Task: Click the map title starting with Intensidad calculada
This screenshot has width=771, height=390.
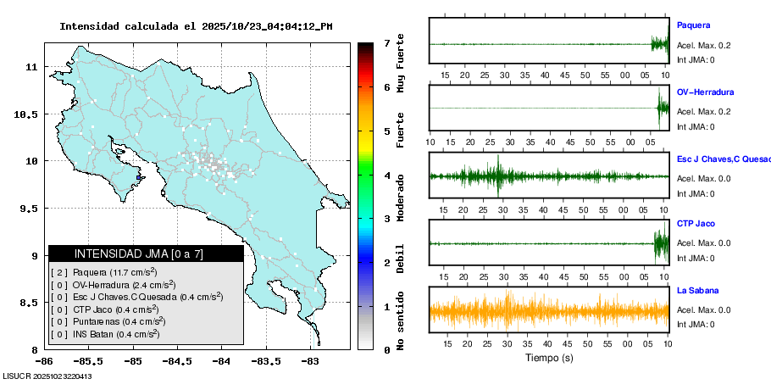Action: pyautogui.click(x=196, y=26)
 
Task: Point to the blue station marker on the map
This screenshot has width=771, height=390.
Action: pyautogui.click(x=140, y=178)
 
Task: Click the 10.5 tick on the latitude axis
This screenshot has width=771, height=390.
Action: pyautogui.click(x=30, y=114)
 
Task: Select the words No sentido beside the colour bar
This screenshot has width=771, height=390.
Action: pyautogui.click(x=400, y=321)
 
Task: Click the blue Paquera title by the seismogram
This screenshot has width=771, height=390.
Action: pyautogui.click(x=693, y=25)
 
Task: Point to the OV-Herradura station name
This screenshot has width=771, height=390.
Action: pyautogui.click(x=705, y=92)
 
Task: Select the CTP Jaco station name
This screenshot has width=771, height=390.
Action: pyautogui.click(x=696, y=224)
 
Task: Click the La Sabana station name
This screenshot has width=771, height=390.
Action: pyautogui.click(x=697, y=290)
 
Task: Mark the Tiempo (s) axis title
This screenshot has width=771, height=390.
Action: pyautogui.click(x=549, y=358)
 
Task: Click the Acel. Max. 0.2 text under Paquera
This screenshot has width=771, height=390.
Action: pyautogui.click(x=703, y=44)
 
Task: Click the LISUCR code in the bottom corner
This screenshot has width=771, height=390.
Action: pyautogui.click(x=47, y=376)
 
